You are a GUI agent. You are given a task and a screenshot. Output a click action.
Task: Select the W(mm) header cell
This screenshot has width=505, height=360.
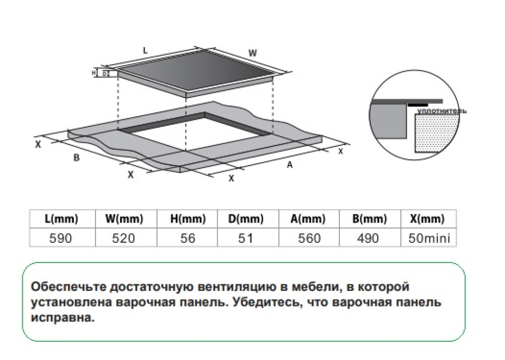click(124, 220)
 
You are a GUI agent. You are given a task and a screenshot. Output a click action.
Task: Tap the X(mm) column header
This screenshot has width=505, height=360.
click(429, 220)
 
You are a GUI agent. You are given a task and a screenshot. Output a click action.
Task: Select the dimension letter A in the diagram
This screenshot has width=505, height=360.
click(290, 165)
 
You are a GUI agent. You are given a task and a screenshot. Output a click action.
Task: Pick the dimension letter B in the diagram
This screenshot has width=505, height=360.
click(76, 158)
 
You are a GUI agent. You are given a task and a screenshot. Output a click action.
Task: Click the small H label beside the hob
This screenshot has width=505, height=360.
click(93, 73)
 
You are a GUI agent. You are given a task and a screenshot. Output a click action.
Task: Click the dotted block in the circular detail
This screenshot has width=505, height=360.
click(433, 134)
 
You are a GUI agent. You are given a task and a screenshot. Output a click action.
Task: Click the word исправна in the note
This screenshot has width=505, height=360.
click(61, 319)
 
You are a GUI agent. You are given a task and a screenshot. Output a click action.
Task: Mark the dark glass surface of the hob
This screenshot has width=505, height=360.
click(197, 73)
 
